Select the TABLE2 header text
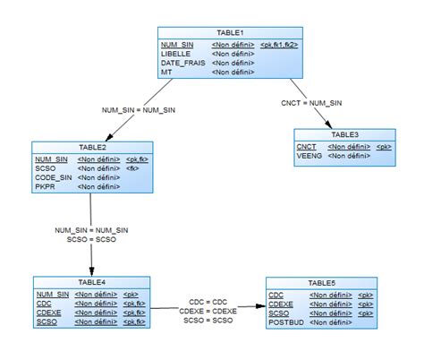[x=92, y=148]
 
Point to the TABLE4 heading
[x=91, y=282]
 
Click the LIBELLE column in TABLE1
[x=175, y=54]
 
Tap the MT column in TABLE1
[x=166, y=73]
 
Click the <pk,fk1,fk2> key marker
[x=279, y=44]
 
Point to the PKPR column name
[x=46, y=187]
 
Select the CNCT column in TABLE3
[x=307, y=146]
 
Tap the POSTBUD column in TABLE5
[x=286, y=322]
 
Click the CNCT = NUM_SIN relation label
[x=310, y=102]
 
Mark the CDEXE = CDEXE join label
[x=208, y=311]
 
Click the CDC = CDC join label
[x=208, y=302]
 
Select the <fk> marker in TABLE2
[x=132, y=167]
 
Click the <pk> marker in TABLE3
[x=384, y=146]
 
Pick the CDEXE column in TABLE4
[x=49, y=313]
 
